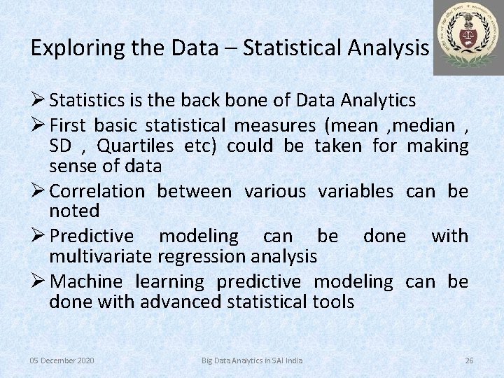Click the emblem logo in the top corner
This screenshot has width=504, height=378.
(468, 37)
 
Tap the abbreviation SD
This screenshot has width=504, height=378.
(61, 146)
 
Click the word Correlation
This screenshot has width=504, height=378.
(97, 191)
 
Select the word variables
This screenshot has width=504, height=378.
(356, 191)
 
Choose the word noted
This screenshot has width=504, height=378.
(74, 211)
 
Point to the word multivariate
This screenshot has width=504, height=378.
(100, 256)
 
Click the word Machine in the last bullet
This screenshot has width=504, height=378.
(87, 281)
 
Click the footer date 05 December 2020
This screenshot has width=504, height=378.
(62, 360)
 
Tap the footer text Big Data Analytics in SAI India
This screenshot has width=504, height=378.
(252, 360)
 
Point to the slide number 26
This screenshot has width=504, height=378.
(469, 360)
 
